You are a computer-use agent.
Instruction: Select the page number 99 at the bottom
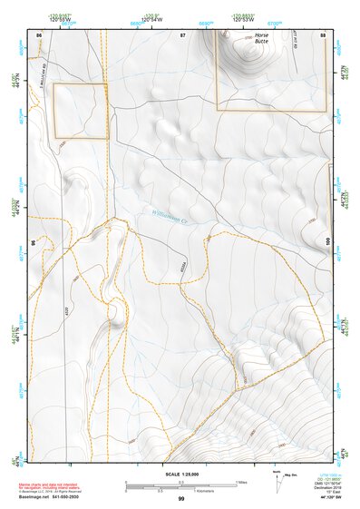click(180, 499)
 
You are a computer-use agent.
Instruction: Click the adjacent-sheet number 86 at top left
click(39, 34)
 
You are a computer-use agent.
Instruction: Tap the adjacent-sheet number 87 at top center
click(181, 34)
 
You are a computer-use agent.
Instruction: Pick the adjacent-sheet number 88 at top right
click(323, 34)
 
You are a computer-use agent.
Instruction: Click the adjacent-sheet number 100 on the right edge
click(326, 240)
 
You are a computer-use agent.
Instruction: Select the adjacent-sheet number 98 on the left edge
click(35, 242)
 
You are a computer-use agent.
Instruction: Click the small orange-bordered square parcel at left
click(81, 112)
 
